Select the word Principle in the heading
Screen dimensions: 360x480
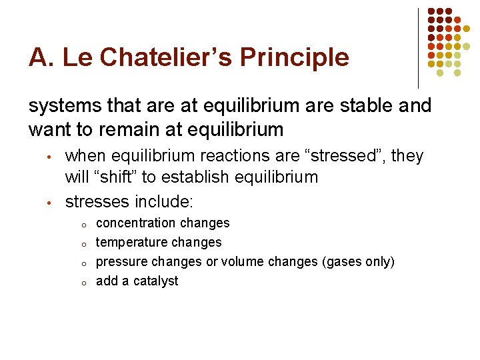pyautogui.click(x=295, y=57)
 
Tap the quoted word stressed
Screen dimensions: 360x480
pyautogui.click(x=345, y=156)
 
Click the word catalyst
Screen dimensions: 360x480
pyautogui.click(x=156, y=281)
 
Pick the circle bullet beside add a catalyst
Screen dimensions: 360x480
pyautogui.click(x=82, y=282)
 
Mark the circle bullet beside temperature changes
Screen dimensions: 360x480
pyautogui.click(x=82, y=243)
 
